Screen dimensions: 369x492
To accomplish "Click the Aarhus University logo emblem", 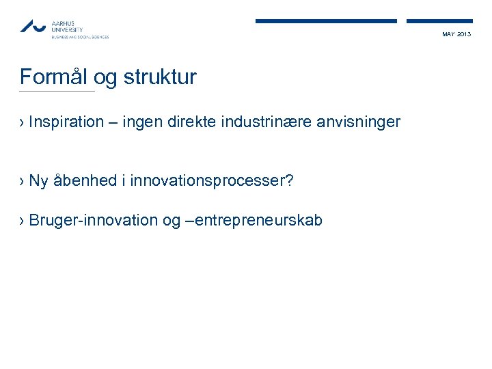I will pos(32,26).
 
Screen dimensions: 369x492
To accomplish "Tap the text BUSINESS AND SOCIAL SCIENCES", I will pos(80,37).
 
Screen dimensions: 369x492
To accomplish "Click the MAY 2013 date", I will pos(456,34).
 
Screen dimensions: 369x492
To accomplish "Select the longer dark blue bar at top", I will pos(326,21).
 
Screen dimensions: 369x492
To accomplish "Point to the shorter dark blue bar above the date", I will pos(439,21).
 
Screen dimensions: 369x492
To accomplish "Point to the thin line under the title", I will pos(57,92).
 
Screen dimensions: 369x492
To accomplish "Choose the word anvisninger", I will pos(363,122).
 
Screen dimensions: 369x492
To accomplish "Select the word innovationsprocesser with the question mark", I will pos(211,181).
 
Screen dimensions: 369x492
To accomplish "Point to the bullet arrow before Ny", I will pos(23,182).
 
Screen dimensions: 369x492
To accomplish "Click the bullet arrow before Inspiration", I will pos(23,123).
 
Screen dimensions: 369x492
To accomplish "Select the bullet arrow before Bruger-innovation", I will pos(23,221).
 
